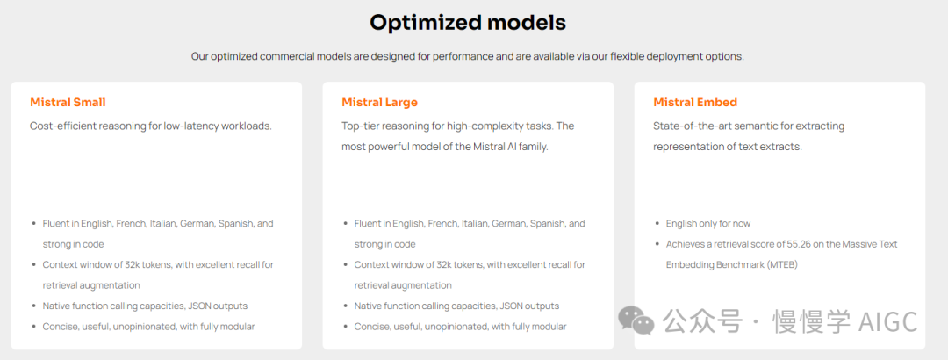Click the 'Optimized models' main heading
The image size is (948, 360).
(x=468, y=22)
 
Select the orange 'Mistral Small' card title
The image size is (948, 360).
(x=68, y=102)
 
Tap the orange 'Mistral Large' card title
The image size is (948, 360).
(x=380, y=102)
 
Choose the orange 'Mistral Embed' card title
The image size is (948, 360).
(x=695, y=102)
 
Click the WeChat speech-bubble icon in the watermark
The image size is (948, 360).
(x=636, y=320)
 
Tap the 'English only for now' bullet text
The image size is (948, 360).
(x=708, y=223)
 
